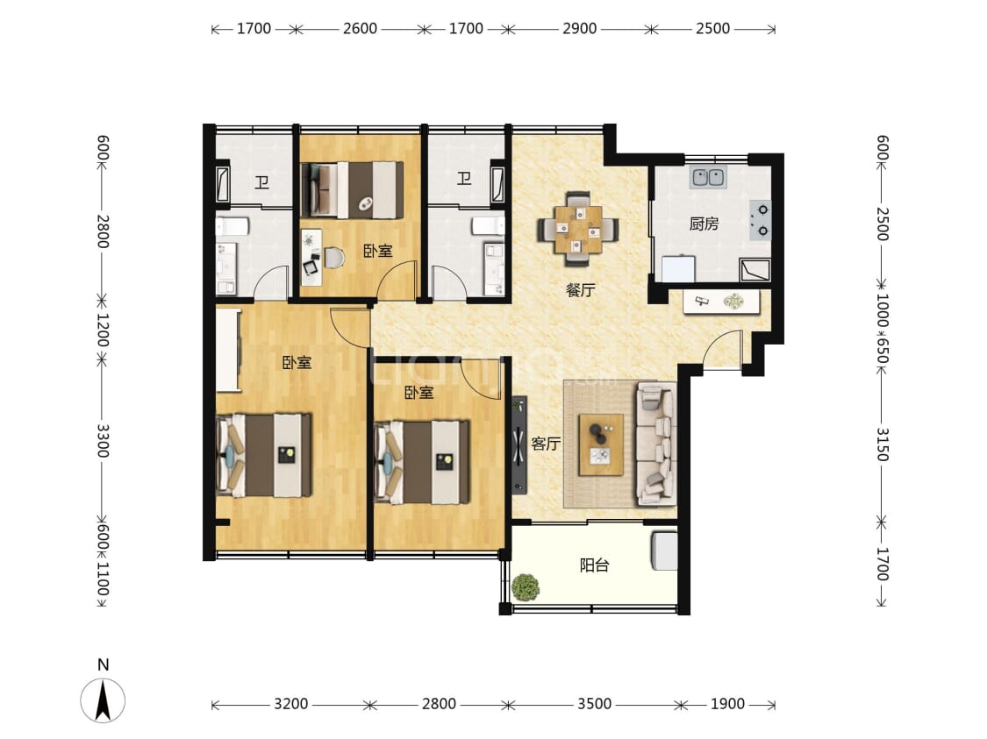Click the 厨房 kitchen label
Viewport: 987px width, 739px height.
(704, 224)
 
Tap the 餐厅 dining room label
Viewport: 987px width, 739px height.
(580, 290)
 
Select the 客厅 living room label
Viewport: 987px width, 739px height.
(546, 444)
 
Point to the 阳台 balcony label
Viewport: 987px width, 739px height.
(594, 565)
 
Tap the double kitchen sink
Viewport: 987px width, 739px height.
(709, 178)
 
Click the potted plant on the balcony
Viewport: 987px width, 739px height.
(525, 587)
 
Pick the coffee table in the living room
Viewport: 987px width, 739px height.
(601, 444)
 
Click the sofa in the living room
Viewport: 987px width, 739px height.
(656, 444)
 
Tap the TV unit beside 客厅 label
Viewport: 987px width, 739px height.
(519, 444)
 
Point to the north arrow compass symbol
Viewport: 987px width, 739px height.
(103, 699)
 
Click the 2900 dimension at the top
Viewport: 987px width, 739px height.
(579, 28)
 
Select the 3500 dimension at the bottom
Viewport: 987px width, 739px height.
(594, 704)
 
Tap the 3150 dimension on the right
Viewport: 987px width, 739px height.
(882, 444)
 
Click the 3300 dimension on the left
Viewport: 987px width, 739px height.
(103, 441)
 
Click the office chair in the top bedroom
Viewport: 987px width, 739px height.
(335, 258)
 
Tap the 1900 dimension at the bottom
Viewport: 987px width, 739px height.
(727, 704)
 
